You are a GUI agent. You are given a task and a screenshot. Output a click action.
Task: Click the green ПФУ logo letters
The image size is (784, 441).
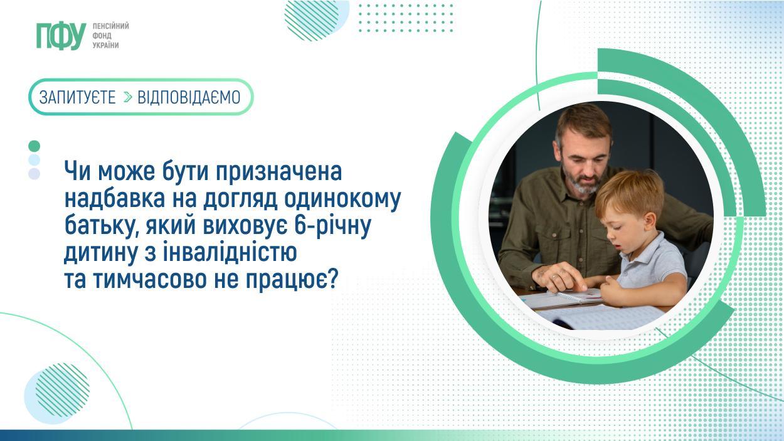tap(61, 36)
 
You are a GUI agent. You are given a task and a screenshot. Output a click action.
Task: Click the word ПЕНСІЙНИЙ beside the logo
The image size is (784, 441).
tap(110, 26)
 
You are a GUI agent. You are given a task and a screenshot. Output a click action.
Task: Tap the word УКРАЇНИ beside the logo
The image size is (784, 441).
tap(106, 46)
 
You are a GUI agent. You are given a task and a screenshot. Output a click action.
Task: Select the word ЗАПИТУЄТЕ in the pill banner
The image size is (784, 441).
tap(77, 97)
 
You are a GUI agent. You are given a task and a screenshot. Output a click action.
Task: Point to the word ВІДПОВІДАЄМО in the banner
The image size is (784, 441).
tap(189, 97)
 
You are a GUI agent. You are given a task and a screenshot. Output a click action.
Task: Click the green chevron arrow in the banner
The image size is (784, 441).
tap(128, 98)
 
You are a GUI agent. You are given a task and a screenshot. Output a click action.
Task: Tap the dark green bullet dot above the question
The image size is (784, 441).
tap(34, 146)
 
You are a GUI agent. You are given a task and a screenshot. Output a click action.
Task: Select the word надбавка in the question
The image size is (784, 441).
tap(114, 199)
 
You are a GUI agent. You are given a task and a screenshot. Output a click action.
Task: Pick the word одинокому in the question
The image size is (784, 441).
tap(342, 199)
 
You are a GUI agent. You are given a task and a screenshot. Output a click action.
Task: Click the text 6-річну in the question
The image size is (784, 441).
tap(332, 226)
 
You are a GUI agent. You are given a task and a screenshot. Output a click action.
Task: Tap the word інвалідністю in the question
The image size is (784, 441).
tap(230, 253)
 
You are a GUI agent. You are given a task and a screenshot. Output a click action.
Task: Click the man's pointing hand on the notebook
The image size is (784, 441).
tap(559, 277)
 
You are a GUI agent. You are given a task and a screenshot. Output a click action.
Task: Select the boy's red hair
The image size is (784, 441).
tap(630, 191)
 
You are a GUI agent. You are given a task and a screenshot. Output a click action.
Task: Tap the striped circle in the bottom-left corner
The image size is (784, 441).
tap(62, 390)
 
